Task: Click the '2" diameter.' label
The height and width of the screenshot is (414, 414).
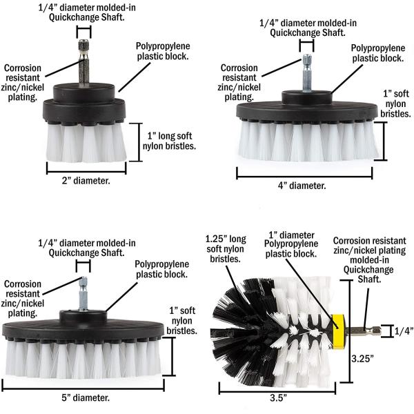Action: tap(86, 181)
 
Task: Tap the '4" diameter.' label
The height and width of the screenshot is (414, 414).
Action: tap(302, 186)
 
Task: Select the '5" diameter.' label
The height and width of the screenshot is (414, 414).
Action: tap(86, 397)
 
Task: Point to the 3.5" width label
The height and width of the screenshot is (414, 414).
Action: tap(278, 397)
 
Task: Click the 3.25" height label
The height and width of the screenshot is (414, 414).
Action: tap(362, 359)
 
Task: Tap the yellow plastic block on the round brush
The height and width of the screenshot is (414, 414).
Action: tap(338, 331)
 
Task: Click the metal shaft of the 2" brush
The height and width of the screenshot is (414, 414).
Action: tap(83, 63)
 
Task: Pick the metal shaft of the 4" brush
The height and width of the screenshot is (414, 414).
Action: tap(307, 73)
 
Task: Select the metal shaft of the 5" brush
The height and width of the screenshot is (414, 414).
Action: tap(83, 294)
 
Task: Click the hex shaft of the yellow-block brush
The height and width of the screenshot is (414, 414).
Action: tap(363, 331)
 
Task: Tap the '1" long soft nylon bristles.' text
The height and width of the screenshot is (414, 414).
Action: tap(169, 141)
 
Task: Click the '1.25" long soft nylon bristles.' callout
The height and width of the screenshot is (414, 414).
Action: tap(226, 249)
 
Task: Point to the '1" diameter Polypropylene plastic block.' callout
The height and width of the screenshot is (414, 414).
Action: tap(291, 244)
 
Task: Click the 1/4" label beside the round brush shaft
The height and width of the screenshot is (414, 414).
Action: tap(404, 331)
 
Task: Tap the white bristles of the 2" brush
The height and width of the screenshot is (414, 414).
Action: tap(86, 143)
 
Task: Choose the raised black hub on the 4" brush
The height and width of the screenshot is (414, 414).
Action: tap(307, 97)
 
